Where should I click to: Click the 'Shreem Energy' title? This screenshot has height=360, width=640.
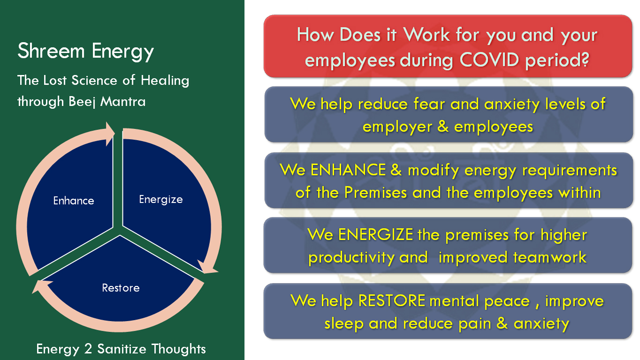pyautogui.click(x=86, y=52)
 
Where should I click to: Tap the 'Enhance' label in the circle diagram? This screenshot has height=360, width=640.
pyautogui.click(x=74, y=201)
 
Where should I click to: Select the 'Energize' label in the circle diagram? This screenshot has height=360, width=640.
pyautogui.click(x=161, y=200)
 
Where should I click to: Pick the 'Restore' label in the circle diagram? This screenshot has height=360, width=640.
pyautogui.click(x=121, y=288)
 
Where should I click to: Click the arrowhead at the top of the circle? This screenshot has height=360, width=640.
pyautogui.click(x=110, y=134)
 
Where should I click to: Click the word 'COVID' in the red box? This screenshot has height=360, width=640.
pyautogui.click(x=489, y=60)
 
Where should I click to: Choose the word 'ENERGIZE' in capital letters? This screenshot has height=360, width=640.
pyautogui.click(x=376, y=235)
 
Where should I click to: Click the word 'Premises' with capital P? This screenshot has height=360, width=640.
pyautogui.click(x=375, y=193)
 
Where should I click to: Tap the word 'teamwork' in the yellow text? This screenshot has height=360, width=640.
pyautogui.click(x=550, y=257)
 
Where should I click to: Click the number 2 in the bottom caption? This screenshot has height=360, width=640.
pyautogui.click(x=88, y=349)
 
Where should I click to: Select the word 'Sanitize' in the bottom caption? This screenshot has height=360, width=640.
pyautogui.click(x=122, y=349)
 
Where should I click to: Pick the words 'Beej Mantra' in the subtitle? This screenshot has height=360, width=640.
pyautogui.click(x=107, y=102)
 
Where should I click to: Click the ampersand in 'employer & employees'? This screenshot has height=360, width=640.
pyautogui.click(x=443, y=127)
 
